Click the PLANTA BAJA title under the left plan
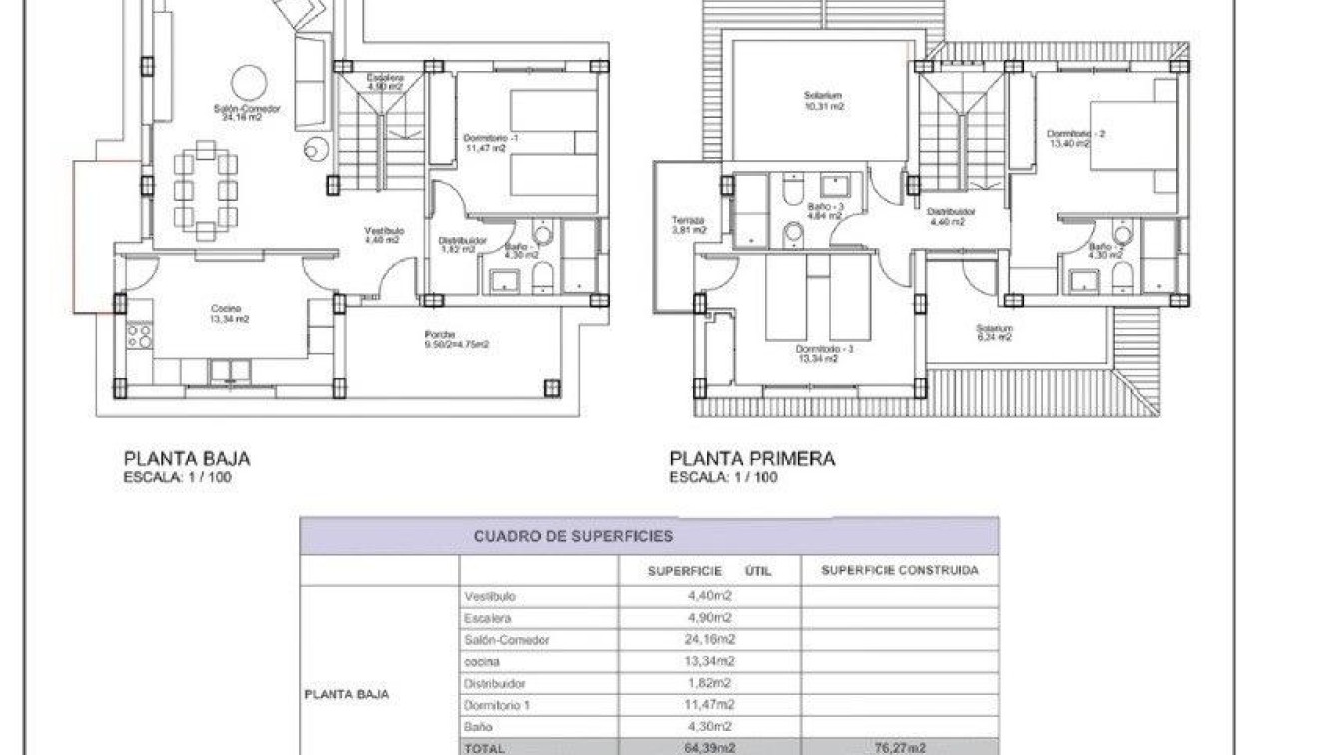(x=186, y=459)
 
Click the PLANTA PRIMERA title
(x=751, y=459)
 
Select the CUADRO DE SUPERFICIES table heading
(x=573, y=536)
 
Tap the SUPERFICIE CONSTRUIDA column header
(x=899, y=571)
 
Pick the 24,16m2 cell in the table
(x=710, y=639)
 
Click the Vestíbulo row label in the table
(x=491, y=596)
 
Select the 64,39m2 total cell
(x=710, y=747)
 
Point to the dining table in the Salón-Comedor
(x=205, y=190)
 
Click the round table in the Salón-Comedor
(x=249, y=83)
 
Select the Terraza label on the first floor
(x=688, y=221)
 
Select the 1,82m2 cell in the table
(x=710, y=683)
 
